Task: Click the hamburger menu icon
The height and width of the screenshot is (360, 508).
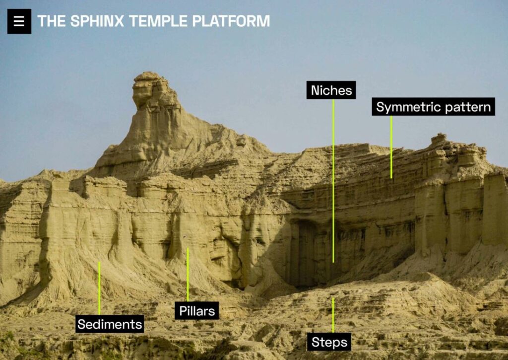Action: (x=19, y=21)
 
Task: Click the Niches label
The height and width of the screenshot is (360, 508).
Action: (x=331, y=90)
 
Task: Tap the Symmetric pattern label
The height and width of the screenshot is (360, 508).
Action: (x=433, y=107)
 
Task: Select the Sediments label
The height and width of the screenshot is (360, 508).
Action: (x=110, y=324)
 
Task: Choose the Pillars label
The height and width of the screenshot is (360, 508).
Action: (x=197, y=311)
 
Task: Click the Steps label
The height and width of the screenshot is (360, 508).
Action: (x=328, y=342)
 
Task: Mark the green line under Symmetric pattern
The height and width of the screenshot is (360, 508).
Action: (x=391, y=147)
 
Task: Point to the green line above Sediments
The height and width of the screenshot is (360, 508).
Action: (x=99, y=288)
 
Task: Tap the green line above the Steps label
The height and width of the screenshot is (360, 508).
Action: (x=333, y=315)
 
